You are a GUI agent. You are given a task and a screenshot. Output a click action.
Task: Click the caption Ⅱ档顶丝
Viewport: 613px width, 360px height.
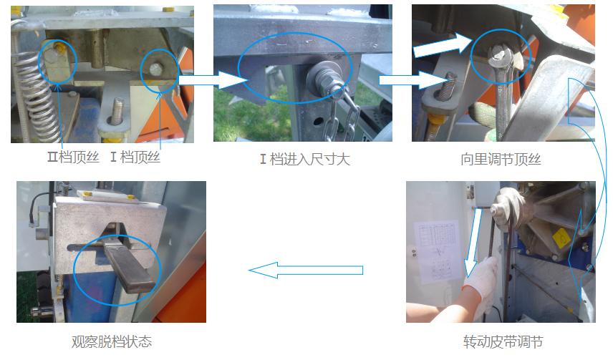(73, 157)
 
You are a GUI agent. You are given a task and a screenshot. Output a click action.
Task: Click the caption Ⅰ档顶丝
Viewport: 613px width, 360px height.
(135, 157)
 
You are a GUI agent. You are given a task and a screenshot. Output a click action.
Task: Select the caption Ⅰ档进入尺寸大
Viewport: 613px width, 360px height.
(305, 160)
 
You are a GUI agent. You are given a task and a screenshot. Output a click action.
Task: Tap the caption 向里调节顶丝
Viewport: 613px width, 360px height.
(501, 160)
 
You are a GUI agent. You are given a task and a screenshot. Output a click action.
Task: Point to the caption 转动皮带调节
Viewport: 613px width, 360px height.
(503, 341)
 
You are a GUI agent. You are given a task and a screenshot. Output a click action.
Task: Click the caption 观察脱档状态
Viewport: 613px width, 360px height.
(112, 341)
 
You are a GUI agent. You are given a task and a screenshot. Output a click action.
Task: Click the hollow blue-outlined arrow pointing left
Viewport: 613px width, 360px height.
(306, 270)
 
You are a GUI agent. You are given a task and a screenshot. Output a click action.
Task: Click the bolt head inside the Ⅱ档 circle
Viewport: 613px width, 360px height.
(52, 57)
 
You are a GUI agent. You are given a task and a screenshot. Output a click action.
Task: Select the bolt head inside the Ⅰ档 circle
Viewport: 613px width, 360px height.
(155, 69)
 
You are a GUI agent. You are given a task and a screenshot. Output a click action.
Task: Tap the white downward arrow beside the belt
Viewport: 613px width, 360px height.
(473, 243)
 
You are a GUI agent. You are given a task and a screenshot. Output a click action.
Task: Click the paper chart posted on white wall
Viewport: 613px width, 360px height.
(438, 251)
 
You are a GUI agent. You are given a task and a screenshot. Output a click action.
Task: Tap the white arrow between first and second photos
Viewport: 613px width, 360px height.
(214, 80)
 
